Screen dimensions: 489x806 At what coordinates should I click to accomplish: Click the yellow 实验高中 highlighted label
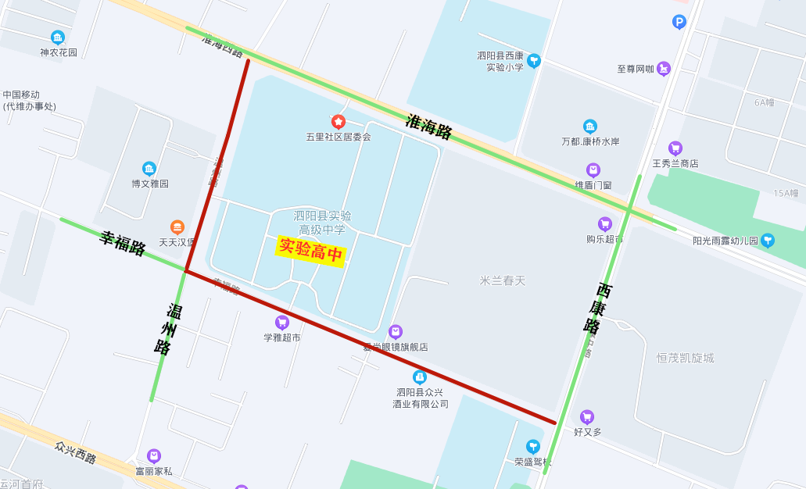pyautogui.click(x=311, y=251)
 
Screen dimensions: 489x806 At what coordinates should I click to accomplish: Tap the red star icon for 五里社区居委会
pyautogui.click(x=338, y=122)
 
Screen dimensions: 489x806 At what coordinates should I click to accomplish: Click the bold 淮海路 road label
pyautogui.click(x=429, y=127)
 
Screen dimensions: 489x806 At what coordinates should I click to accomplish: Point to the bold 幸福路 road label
pyautogui.click(x=123, y=243)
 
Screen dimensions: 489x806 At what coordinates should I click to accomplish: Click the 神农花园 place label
pyautogui.click(x=59, y=52)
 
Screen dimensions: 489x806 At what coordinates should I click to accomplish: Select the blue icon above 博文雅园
pyautogui.click(x=149, y=169)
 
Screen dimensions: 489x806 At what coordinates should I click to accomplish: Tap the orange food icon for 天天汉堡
pyautogui.click(x=177, y=227)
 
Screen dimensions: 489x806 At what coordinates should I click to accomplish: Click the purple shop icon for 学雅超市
pyautogui.click(x=282, y=323)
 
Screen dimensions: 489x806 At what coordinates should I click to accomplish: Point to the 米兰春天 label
pyautogui.click(x=503, y=280)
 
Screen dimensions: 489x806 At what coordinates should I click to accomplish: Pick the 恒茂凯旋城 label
pyautogui.click(x=685, y=358)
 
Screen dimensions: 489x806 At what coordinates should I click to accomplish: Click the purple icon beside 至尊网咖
pyautogui.click(x=664, y=69)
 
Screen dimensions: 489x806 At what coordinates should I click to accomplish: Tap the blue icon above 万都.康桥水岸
pyautogui.click(x=590, y=127)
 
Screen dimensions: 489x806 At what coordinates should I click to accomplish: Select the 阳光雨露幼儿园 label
pyautogui.click(x=725, y=241)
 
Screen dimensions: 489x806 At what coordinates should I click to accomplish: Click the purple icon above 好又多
pyautogui.click(x=587, y=417)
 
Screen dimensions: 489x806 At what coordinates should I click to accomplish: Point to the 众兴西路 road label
pyautogui.click(x=76, y=452)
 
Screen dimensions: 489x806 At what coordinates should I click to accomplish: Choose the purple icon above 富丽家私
pyautogui.click(x=154, y=456)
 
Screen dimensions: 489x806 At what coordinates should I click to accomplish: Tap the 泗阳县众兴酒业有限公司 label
pyautogui.click(x=421, y=398)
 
